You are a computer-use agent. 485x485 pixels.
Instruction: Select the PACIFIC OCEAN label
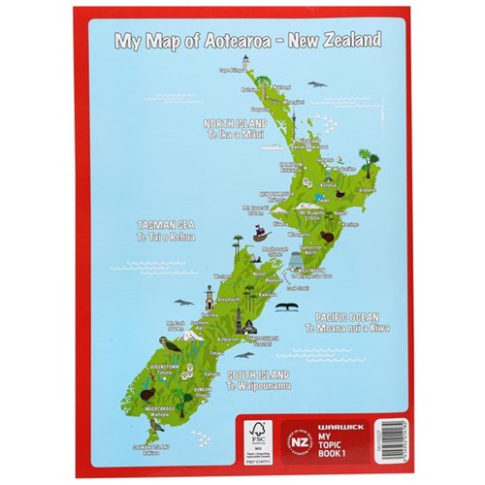tap(345, 317)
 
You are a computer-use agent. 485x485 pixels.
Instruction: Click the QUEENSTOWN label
tap(163, 367)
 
